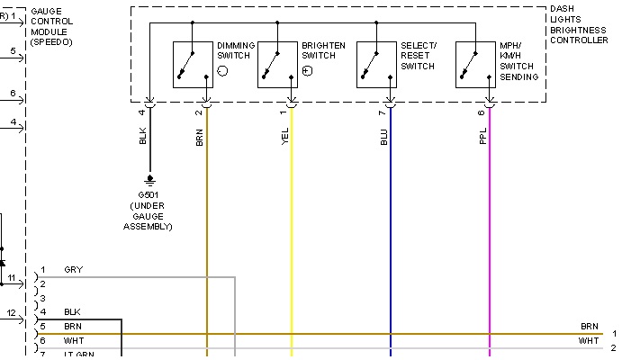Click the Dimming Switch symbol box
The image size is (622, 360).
(193, 64)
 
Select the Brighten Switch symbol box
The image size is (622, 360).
(277, 64)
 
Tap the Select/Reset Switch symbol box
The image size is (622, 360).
(376, 64)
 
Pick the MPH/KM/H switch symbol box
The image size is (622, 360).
(475, 64)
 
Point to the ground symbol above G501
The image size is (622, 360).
(149, 179)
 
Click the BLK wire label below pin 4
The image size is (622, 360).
(143, 137)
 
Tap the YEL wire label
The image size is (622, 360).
(285, 137)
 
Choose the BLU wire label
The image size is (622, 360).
(384, 137)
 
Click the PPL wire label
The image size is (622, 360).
(483, 137)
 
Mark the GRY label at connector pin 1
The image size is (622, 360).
(74, 270)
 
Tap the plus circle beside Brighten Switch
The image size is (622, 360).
(308, 70)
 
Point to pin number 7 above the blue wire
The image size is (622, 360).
(383, 112)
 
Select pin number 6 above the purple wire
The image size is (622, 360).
(482, 112)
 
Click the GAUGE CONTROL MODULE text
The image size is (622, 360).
(51, 25)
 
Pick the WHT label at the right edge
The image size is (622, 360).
(589, 341)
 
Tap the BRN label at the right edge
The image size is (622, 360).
(589, 326)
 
